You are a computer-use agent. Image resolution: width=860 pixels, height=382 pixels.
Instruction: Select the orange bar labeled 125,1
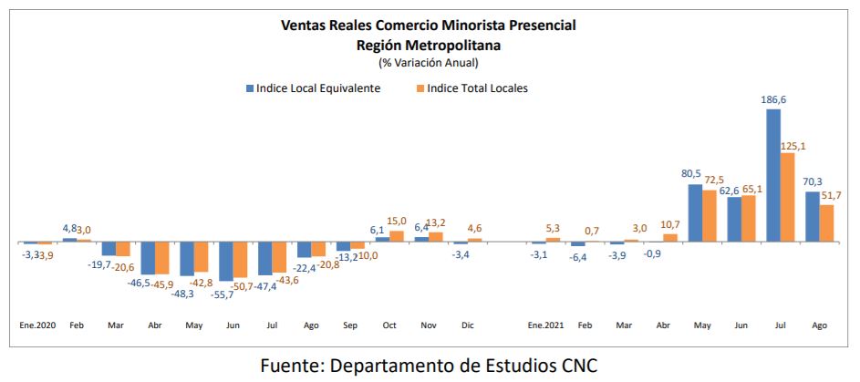coord(787,197)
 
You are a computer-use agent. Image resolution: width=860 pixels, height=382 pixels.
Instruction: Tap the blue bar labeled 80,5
coord(695,212)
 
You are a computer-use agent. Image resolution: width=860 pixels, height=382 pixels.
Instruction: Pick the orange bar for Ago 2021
coord(826,223)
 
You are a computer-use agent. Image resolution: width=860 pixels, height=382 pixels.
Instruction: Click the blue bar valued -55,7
coord(225,261)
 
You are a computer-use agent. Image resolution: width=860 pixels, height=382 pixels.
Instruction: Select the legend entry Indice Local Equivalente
coord(312,88)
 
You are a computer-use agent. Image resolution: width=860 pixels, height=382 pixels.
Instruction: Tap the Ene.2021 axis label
coord(545,325)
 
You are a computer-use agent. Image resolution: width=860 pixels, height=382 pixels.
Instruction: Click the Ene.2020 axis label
coord(37,325)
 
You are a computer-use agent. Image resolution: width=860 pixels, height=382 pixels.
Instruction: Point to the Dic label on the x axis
coord(467,325)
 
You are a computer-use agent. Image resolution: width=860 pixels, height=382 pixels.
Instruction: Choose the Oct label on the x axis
coord(389,325)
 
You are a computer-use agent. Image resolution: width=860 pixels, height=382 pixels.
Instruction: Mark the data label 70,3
coord(813,181)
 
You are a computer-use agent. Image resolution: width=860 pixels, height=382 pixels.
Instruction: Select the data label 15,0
coord(398,220)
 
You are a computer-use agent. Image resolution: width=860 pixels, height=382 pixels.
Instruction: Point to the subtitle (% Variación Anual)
coord(429,62)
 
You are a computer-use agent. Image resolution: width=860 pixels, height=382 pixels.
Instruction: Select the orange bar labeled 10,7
coord(669,237)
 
